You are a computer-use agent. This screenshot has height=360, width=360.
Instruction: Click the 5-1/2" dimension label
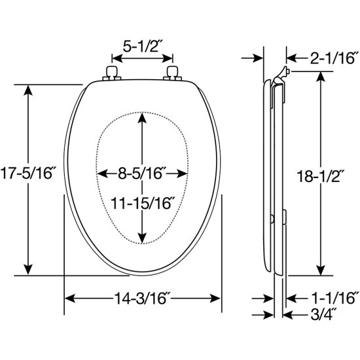click(141, 46)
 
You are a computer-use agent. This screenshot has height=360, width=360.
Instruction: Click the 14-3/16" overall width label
click(142, 298)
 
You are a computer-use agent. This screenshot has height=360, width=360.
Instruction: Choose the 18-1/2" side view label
click(321, 176)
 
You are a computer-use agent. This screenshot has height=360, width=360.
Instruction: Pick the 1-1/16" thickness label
click(334, 298)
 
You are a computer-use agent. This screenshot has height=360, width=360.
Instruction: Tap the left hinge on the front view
click(111, 73)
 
